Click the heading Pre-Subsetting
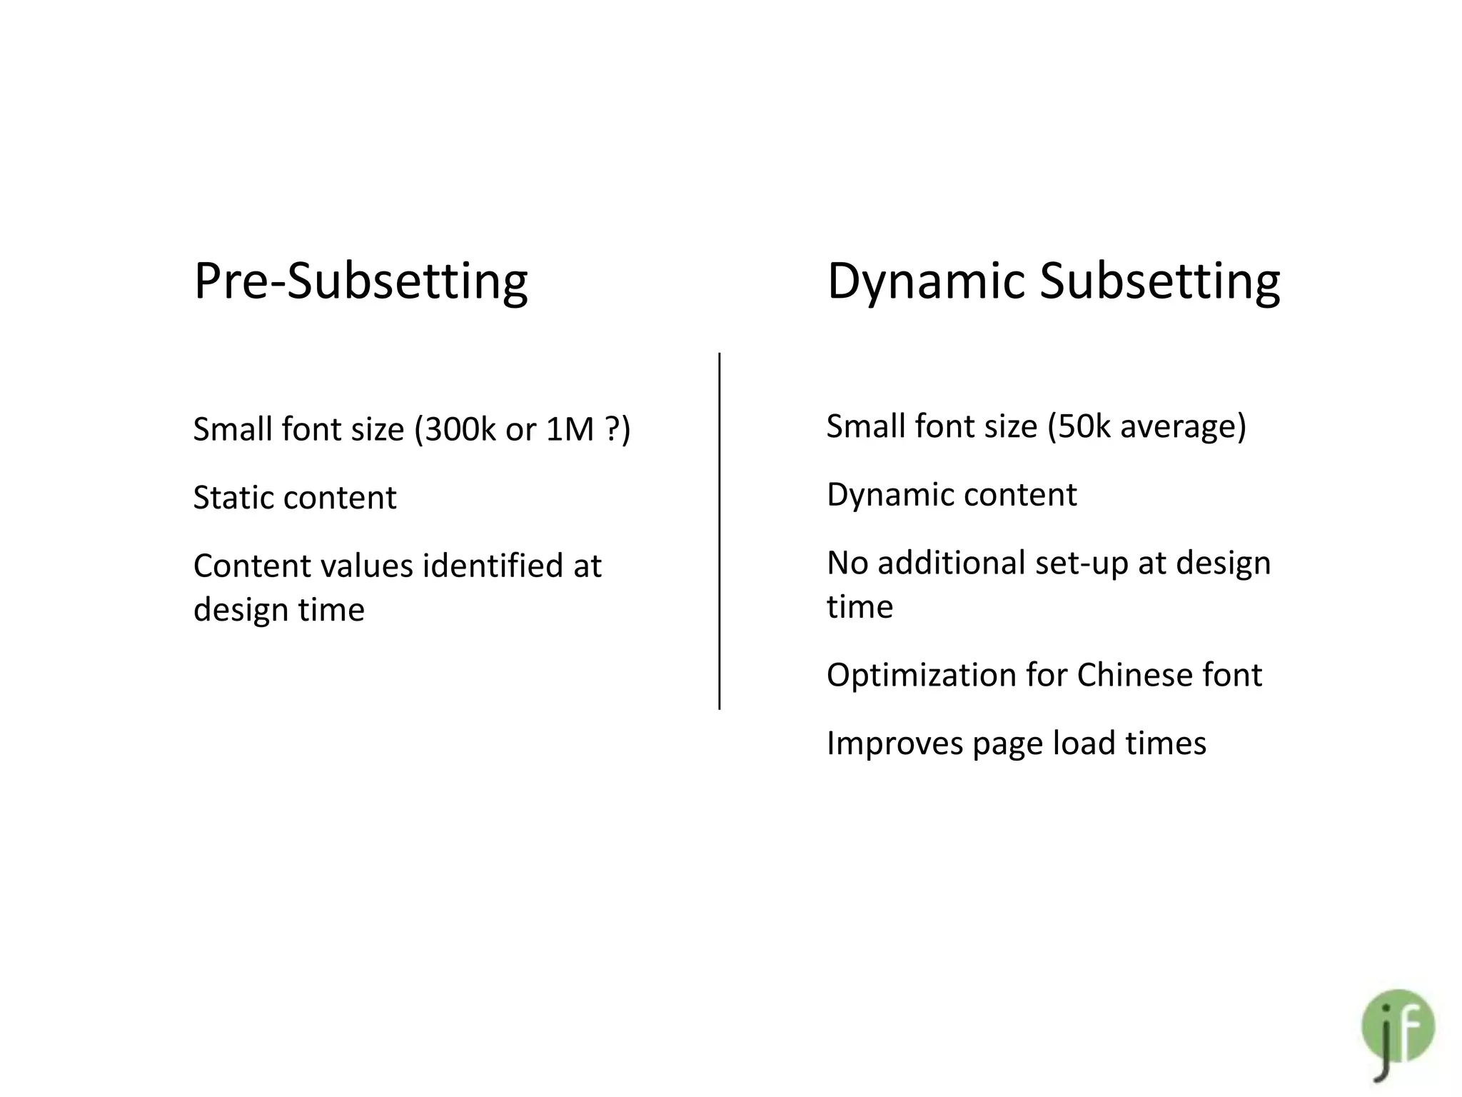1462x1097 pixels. pos(361,281)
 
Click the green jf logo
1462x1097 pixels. pos(1397,1028)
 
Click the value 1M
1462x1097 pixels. pos(570,429)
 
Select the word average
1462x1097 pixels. pos(1183,426)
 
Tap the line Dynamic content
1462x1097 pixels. pos(952,495)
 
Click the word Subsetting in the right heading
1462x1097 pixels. pos(1159,281)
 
